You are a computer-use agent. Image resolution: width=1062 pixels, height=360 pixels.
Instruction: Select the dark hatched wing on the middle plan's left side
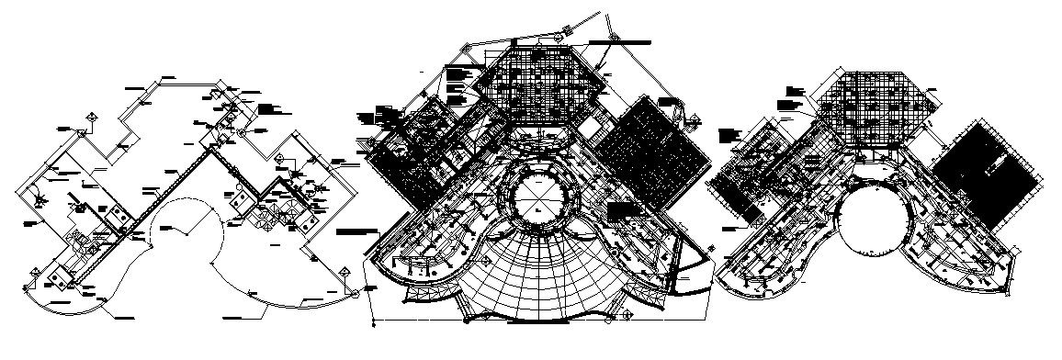[418, 156]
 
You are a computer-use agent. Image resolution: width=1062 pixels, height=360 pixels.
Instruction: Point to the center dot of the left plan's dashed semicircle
[188, 233]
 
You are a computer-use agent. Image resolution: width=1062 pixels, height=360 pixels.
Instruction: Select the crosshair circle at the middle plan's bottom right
[627, 317]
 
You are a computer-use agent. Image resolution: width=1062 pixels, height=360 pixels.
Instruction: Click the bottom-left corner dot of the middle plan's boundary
[372, 323]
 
